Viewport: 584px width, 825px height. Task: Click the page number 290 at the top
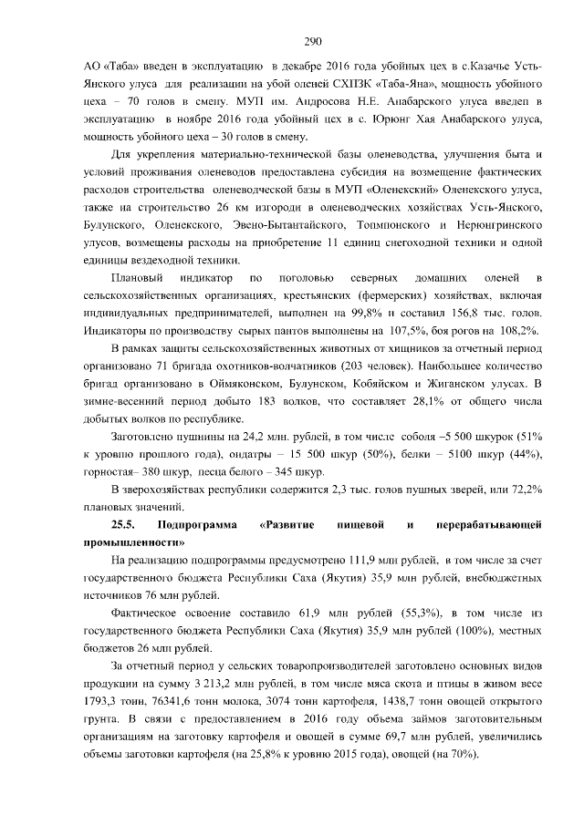click(x=312, y=40)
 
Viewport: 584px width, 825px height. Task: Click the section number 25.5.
click(x=123, y=524)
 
